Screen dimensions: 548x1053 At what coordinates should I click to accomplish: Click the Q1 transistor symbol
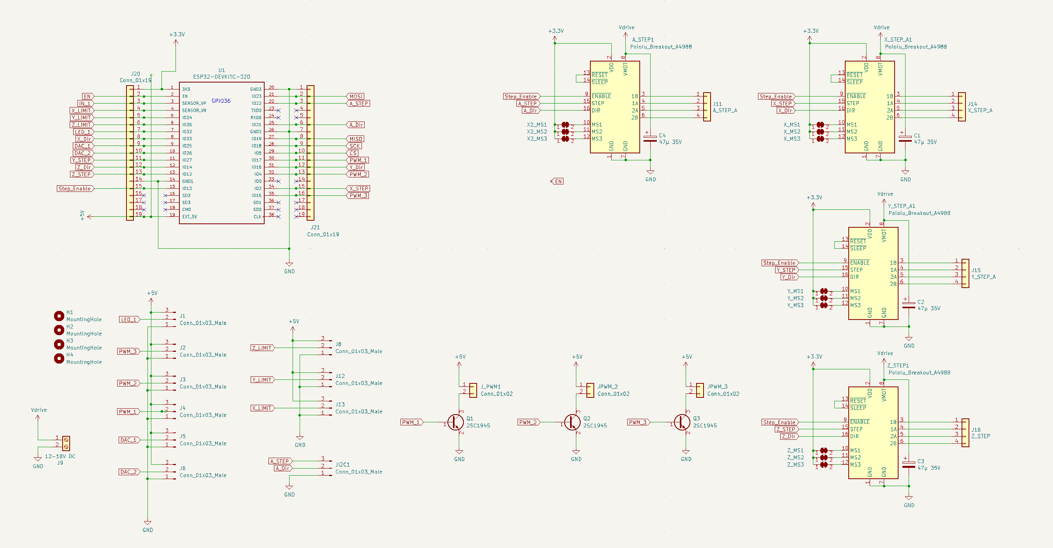[455, 422]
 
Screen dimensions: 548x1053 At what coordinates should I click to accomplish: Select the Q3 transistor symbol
[682, 422]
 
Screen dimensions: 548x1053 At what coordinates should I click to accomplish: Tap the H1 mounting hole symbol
[59, 316]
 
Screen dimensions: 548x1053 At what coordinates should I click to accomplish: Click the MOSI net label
[356, 97]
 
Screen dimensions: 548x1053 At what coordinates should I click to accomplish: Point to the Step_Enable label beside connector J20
[75, 188]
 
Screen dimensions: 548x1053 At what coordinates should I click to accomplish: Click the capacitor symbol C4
[650, 139]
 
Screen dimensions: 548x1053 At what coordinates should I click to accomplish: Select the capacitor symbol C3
[908, 464]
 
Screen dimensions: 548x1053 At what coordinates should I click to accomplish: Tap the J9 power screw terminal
[66, 443]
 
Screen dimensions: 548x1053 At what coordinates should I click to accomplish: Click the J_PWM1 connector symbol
[473, 390]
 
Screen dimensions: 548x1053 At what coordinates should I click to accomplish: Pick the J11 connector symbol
[707, 107]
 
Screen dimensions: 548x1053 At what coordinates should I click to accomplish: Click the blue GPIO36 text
[221, 100]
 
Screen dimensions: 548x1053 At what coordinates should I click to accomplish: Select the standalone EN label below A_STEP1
[558, 181]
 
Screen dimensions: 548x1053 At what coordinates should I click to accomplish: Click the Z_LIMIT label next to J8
[262, 348]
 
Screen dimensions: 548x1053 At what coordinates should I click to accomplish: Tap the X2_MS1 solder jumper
[565, 124]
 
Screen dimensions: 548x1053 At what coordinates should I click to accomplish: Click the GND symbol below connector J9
[38, 459]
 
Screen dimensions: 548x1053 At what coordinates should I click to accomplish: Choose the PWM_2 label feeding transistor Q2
[528, 422]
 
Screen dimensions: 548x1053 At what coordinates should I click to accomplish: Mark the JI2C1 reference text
[342, 465]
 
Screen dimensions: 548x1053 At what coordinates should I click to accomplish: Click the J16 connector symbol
[965, 433]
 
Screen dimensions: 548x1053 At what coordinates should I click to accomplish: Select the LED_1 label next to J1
[129, 320]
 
